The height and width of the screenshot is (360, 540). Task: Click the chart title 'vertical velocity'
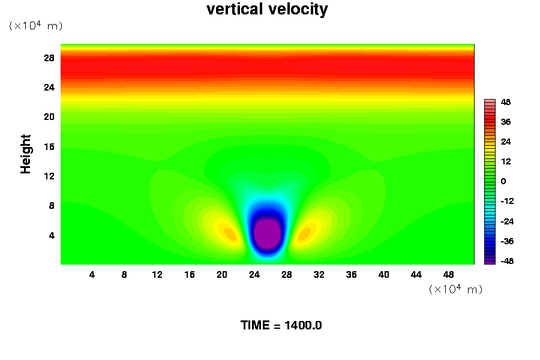(267, 10)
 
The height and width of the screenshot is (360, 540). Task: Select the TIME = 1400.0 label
(281, 325)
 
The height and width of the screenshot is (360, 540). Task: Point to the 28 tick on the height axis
(49, 58)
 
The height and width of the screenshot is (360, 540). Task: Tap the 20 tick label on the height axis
(49, 117)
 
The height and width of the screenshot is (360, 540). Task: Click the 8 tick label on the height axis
(51, 206)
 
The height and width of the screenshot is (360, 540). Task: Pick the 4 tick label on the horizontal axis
(92, 275)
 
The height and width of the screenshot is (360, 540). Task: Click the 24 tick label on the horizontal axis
(254, 275)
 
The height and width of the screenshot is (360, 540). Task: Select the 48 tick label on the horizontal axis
(449, 275)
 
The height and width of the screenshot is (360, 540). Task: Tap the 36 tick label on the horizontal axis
(352, 275)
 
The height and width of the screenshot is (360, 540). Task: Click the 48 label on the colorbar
(506, 103)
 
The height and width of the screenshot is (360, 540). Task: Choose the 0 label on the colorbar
(503, 181)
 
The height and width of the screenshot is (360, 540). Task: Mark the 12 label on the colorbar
(506, 161)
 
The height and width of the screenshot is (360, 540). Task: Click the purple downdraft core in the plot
(268, 234)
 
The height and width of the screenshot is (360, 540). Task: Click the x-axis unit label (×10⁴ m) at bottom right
(455, 289)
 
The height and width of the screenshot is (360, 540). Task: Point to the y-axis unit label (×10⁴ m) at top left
(35, 26)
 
